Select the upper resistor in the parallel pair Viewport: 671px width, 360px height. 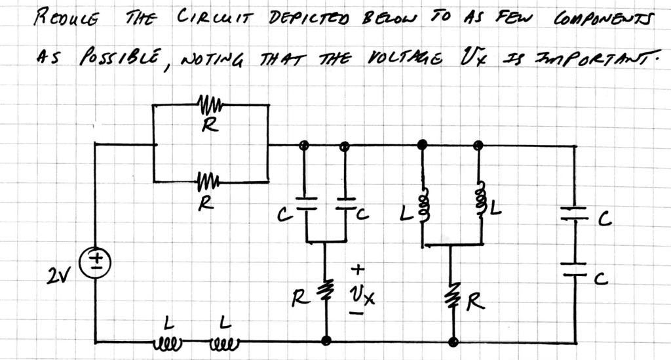pos(208,104)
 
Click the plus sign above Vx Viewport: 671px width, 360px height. pos(358,269)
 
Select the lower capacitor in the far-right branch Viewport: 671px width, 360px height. pos(575,269)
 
